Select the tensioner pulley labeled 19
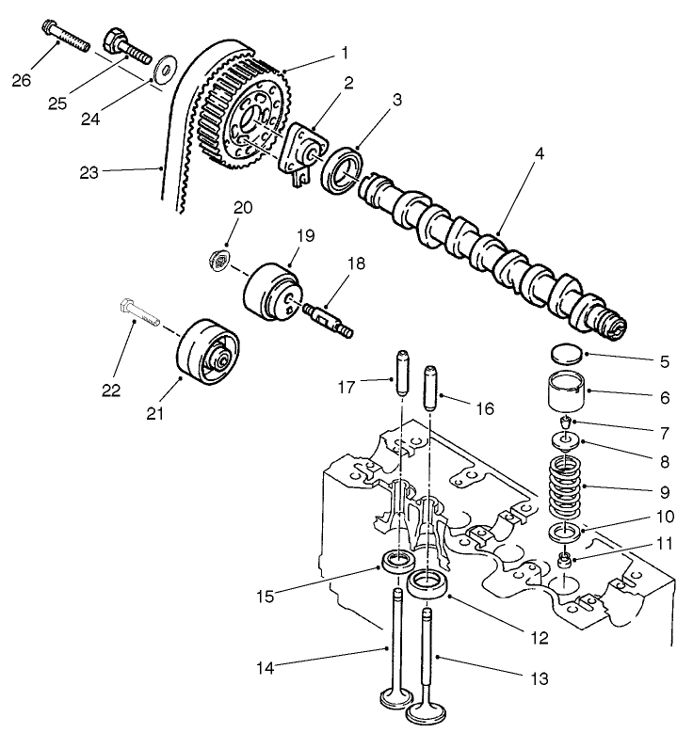pyautogui.click(x=270, y=290)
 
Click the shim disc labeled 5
pyautogui.click(x=565, y=355)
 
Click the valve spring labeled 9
pyautogui.click(x=566, y=486)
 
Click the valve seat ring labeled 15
pyautogui.click(x=395, y=565)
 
